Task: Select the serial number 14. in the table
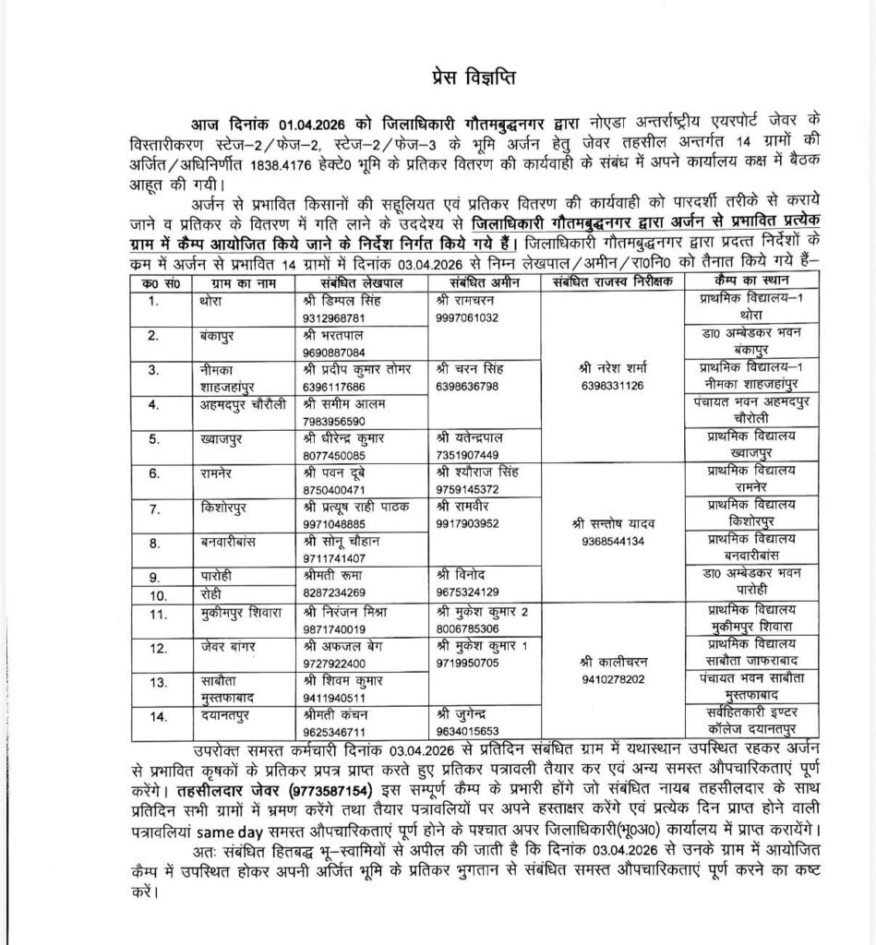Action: tap(158, 716)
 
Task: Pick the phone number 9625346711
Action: tap(333, 732)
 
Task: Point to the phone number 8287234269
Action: tap(333, 592)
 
